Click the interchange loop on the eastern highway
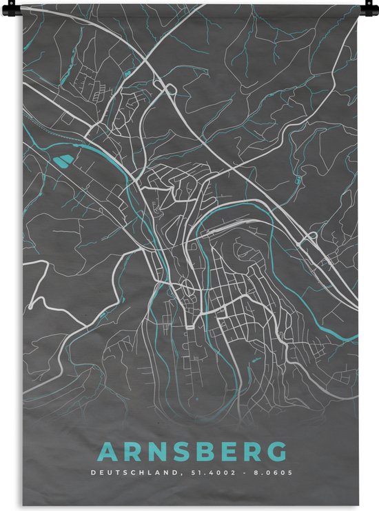pyautogui.click(x=311, y=238)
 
